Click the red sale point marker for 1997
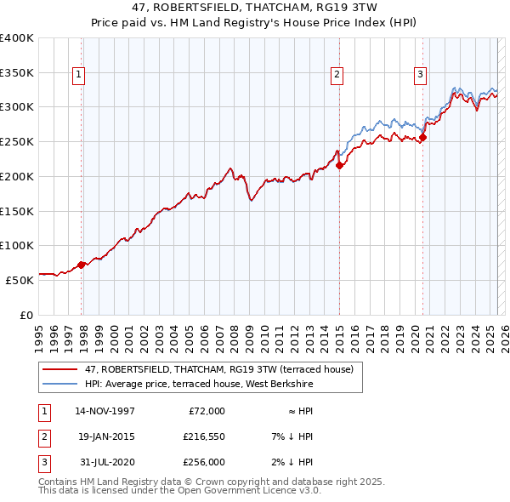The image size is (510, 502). pyautogui.click(x=82, y=265)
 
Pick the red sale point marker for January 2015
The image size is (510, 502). pyautogui.click(x=339, y=165)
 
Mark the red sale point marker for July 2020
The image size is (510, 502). pyautogui.click(x=422, y=138)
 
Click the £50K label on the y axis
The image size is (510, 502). pyautogui.click(x=20, y=279)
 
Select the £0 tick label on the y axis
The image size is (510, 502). pyautogui.click(x=27, y=314)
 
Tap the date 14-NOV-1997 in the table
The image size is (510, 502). pyautogui.click(x=105, y=411)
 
